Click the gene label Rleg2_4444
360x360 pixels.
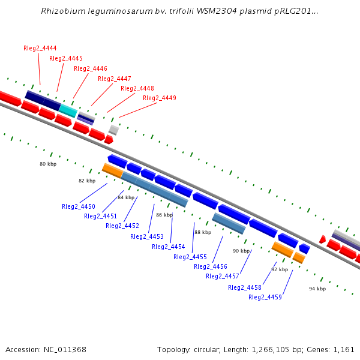click(40, 48)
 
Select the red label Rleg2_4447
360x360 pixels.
click(114, 79)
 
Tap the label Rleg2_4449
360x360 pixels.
click(160, 98)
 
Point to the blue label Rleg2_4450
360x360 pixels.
click(79, 206)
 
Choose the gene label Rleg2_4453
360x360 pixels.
click(147, 236)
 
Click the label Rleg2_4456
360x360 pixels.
click(211, 266)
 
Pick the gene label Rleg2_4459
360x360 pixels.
click(265, 297)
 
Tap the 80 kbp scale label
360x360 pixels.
click(48, 164)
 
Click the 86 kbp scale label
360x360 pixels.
click(164, 215)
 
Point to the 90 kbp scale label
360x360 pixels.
click(241, 251)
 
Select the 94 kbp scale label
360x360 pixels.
click(317, 289)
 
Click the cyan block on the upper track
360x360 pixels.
click(68, 110)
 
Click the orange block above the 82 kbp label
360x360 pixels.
click(112, 170)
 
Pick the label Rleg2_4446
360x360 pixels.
click(91, 68)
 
